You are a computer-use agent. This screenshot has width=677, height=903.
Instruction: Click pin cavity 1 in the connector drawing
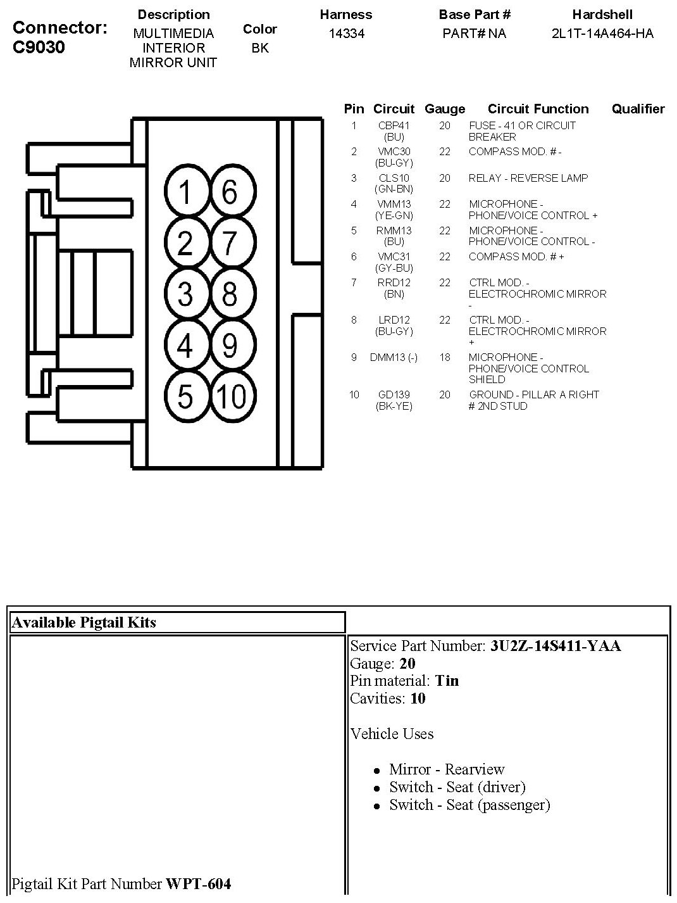point(185,192)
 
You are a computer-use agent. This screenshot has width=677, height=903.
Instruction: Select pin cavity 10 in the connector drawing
point(232,397)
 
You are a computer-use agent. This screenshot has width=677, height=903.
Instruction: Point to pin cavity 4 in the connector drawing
point(185,346)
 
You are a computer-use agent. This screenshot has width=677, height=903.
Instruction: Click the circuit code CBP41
point(394,126)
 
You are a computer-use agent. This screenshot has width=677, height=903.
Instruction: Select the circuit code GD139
point(394,395)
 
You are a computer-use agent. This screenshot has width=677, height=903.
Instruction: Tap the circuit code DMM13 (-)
point(394,358)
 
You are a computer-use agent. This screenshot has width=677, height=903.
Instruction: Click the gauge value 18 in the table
point(445,358)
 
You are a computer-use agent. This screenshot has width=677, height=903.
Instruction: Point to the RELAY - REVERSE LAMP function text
point(528,178)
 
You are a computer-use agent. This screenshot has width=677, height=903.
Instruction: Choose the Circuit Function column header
point(538,109)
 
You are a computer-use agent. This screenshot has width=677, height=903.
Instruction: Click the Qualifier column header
point(638,109)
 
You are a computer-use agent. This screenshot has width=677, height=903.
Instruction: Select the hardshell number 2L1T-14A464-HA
point(602,34)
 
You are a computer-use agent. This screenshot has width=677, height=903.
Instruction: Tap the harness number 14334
point(346,34)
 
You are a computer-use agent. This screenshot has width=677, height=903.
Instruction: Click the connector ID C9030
point(39,47)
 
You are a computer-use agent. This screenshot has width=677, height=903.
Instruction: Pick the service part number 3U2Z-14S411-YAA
point(556,646)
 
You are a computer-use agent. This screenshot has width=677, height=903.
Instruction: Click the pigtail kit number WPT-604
point(198,883)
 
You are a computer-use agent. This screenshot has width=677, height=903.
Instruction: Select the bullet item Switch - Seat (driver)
point(457,787)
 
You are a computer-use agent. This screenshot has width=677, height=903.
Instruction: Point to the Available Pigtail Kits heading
point(84,622)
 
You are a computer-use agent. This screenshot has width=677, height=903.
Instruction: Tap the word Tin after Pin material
point(447,681)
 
